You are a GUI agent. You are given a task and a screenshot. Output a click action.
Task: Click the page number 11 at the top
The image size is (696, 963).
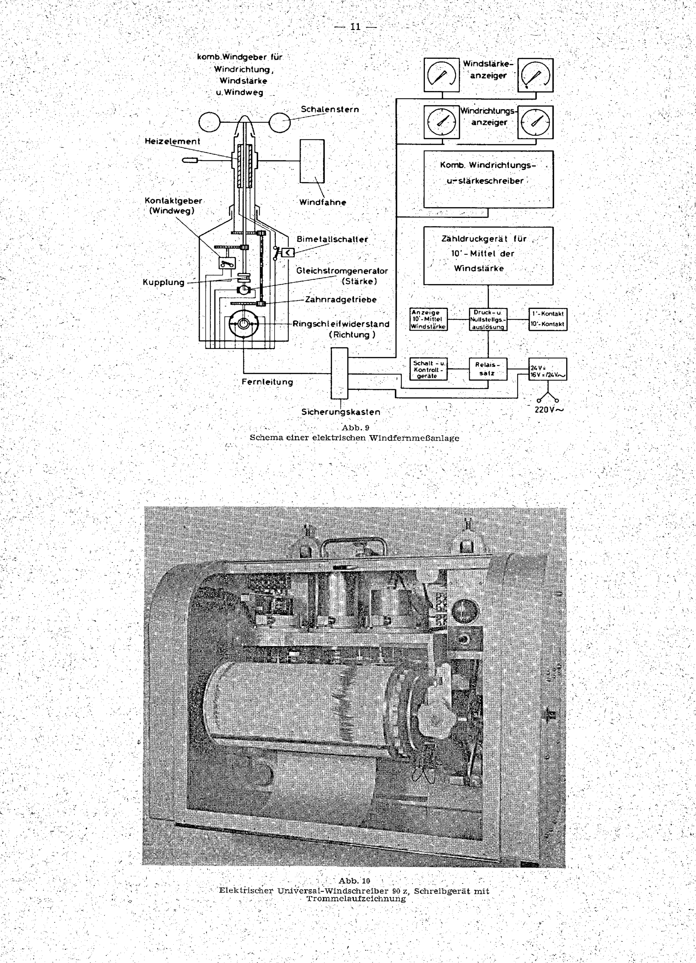tap(355, 27)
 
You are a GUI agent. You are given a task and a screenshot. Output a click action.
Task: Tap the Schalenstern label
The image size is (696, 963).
tap(330, 109)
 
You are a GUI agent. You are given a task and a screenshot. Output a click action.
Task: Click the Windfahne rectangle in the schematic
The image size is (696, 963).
tap(312, 161)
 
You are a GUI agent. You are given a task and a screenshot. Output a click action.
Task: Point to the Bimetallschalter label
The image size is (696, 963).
tap(332, 239)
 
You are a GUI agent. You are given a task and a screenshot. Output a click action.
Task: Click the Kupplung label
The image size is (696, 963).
tap(164, 282)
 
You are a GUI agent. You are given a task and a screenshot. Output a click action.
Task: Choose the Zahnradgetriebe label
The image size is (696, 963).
tap(341, 299)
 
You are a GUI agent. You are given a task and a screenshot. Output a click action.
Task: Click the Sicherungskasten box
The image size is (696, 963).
tap(340, 373)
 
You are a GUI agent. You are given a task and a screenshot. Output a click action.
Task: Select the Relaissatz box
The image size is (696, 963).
tap(488, 369)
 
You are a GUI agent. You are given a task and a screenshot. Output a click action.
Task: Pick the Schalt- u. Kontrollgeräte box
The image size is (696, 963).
tap(429, 369)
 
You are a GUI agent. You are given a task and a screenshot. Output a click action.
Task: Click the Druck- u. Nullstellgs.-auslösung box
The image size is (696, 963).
tap(488, 319)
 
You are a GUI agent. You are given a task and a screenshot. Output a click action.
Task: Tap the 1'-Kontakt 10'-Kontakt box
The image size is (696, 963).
tap(547, 319)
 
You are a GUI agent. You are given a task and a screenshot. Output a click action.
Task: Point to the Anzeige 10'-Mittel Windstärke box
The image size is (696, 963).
tap(429, 319)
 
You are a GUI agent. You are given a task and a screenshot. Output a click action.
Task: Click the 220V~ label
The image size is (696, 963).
tap(549, 410)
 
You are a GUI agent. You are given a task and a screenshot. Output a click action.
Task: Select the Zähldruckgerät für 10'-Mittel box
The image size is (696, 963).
tap(488, 256)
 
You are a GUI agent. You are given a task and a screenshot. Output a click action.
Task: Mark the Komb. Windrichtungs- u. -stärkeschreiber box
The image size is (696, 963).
tap(488, 179)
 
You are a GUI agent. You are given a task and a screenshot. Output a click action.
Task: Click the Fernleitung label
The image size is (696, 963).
tap(267, 382)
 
